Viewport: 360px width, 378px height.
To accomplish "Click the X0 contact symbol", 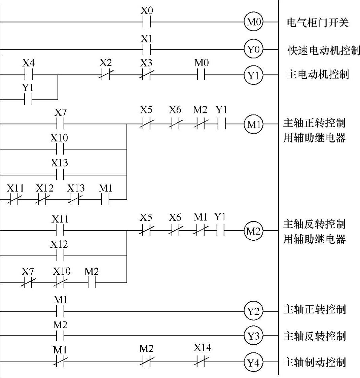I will pos(147,23).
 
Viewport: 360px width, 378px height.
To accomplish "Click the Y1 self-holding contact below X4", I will pos(28,100).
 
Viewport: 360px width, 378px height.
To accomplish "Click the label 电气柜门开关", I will pos(317,23).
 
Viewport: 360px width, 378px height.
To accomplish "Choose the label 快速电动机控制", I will pos(323,50).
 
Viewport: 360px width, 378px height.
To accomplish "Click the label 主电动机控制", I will pos(317,74).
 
